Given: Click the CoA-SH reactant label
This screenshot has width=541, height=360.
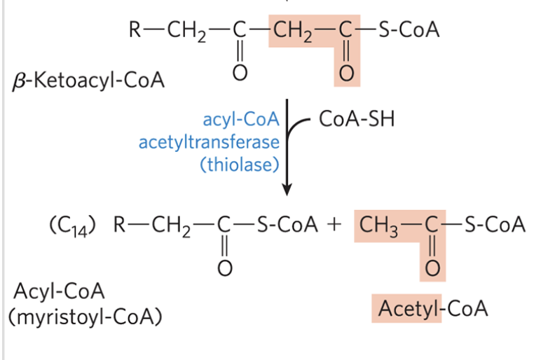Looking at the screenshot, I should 357,119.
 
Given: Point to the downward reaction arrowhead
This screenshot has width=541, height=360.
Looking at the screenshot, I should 286,189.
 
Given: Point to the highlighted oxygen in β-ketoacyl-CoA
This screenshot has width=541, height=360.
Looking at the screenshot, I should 345,73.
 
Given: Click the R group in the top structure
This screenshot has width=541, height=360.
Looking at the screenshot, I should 135,31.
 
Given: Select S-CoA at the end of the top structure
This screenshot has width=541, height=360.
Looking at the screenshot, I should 409,31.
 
